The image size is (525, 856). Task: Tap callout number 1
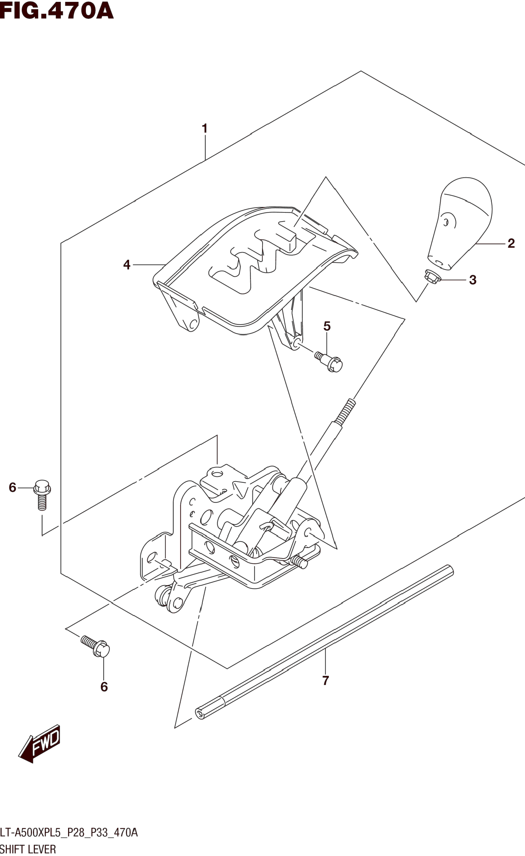[x=205, y=129]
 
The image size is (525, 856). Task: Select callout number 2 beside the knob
[x=511, y=243]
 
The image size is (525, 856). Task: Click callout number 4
[x=127, y=265]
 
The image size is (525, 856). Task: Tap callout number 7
[x=325, y=681]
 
